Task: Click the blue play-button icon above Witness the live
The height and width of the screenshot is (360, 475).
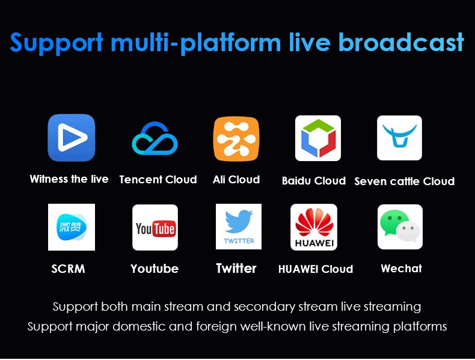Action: coord(72,138)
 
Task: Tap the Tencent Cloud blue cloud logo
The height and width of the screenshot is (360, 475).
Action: coord(155,138)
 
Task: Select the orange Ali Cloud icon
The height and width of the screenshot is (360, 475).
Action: coord(236,139)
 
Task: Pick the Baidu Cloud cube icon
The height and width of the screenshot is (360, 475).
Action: coord(318,138)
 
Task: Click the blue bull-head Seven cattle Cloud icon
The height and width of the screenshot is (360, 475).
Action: coord(400,138)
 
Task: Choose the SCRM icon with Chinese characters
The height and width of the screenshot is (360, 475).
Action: coord(72,227)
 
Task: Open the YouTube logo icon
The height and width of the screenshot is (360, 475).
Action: coord(155,227)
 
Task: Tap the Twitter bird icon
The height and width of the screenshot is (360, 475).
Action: coord(239,227)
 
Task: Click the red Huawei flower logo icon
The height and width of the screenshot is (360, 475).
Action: coord(314,227)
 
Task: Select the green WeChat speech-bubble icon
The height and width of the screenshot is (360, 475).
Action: coord(400,227)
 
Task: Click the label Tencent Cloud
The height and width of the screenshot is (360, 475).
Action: coord(158,180)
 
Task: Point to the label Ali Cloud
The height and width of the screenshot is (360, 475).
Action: coord(236,180)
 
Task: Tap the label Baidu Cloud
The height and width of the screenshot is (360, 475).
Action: coord(314,181)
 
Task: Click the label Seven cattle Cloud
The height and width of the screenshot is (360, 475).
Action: coord(405,181)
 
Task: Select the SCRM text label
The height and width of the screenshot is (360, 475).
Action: coord(68,269)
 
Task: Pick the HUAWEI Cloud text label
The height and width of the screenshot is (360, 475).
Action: coord(316,269)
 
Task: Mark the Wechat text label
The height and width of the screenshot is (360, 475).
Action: coord(402,268)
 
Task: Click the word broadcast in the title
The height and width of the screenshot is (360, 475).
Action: coord(401,42)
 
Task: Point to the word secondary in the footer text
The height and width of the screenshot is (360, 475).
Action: coord(265,307)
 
